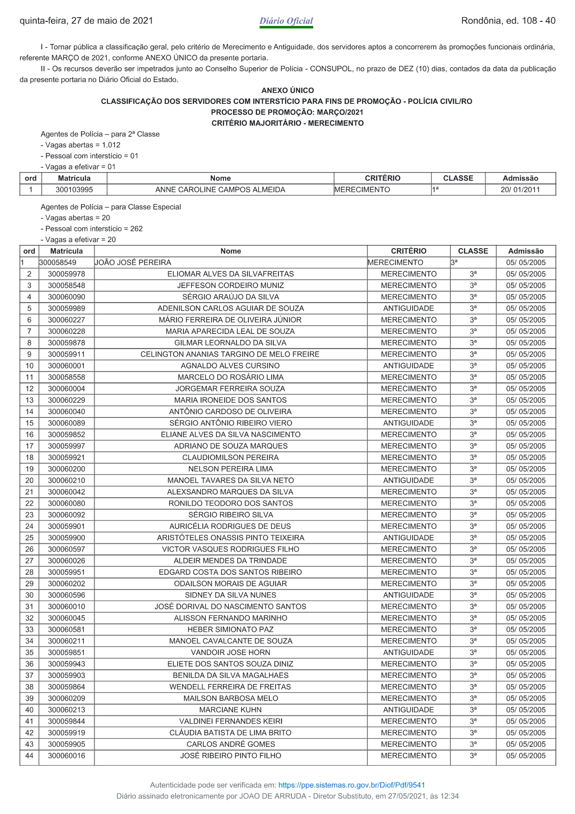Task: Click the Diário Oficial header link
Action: click(286, 21)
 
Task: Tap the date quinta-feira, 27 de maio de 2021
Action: click(86, 21)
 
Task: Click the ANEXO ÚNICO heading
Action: click(287, 90)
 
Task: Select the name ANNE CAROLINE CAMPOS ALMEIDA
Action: click(220, 190)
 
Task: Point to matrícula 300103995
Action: click(74, 190)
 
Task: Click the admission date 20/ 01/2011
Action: click(520, 190)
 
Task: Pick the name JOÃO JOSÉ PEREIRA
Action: click(133, 263)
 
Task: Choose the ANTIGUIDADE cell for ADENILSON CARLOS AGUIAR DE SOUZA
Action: click(408, 308)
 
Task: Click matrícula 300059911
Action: click(66, 354)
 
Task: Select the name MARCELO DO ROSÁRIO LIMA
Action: click(230, 377)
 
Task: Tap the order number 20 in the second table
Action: click(29, 481)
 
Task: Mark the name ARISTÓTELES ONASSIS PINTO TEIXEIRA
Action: click(230, 538)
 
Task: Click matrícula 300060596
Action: click(66, 595)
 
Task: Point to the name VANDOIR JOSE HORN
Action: click(230, 653)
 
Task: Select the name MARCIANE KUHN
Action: click(230, 710)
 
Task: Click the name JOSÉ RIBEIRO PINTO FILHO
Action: click(230, 756)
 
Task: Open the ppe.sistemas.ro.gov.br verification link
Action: click(351, 785)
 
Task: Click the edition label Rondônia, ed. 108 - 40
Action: click(508, 21)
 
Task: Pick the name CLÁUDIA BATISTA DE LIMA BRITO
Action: click(230, 733)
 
